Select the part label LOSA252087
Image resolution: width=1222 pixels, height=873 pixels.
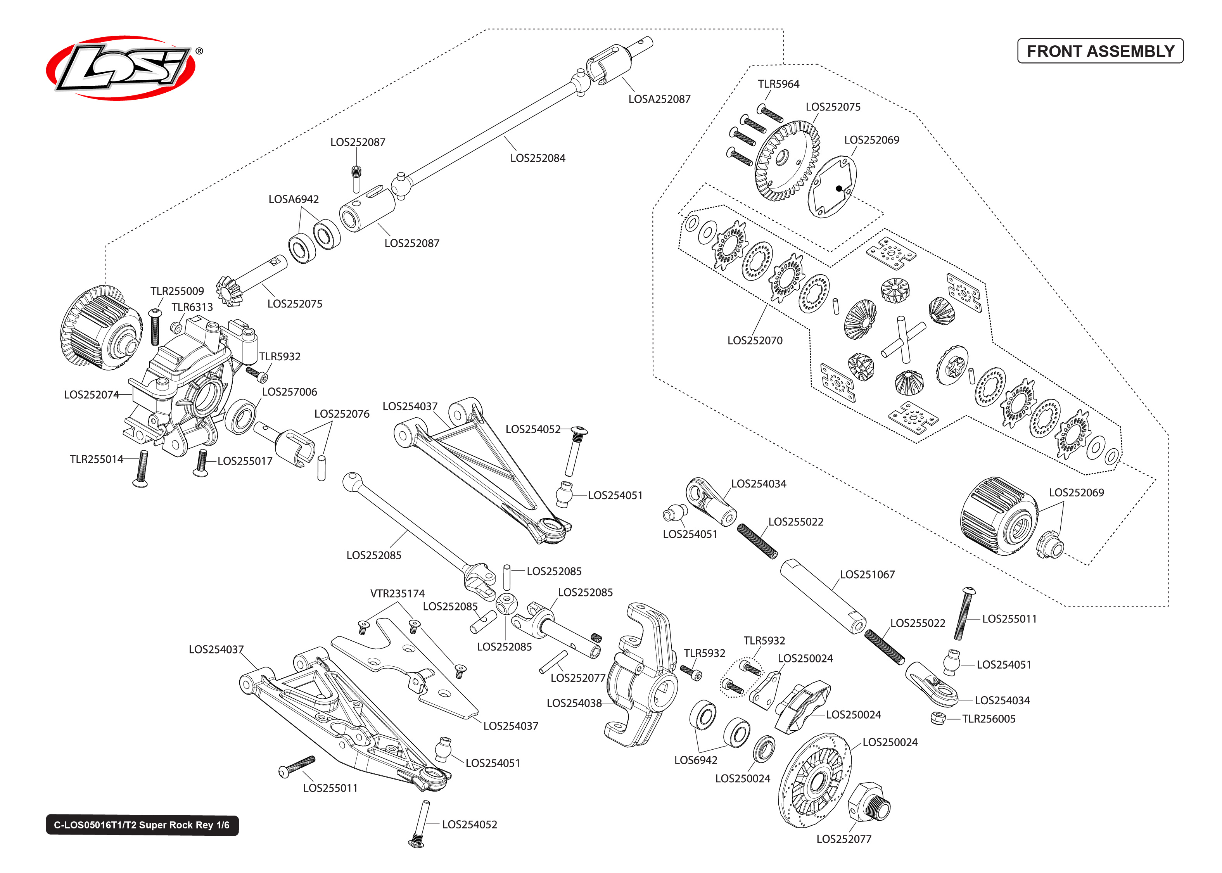point(659,99)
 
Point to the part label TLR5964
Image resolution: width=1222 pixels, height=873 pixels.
point(778,84)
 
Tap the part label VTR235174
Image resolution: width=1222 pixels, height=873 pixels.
point(397,593)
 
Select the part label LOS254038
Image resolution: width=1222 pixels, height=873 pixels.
point(574,703)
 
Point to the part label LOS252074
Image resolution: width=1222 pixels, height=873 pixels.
point(92,394)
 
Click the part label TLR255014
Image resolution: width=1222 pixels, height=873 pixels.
point(96,459)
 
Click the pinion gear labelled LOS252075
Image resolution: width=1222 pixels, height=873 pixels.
point(230,291)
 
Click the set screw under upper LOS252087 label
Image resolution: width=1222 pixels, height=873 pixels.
point(356,172)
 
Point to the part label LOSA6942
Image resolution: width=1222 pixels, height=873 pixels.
point(294,199)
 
